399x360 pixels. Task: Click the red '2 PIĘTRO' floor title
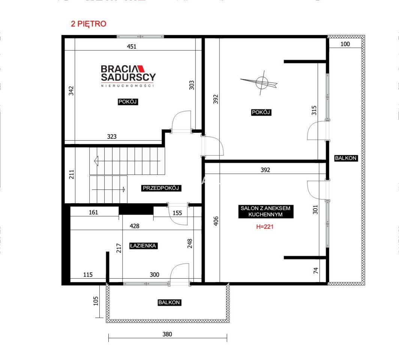tap(88, 24)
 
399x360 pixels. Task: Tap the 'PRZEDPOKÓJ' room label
tap(161, 188)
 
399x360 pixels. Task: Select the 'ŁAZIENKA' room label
tap(143, 246)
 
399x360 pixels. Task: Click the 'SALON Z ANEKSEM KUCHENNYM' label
tap(265, 211)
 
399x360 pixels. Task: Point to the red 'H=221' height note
tap(265, 226)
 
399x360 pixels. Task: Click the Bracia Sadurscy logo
tap(128, 76)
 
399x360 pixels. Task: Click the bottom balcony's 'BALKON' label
tap(169, 303)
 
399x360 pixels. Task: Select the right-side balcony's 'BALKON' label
tap(346, 158)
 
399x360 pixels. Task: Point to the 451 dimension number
tap(132, 46)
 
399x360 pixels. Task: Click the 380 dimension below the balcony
tap(167, 334)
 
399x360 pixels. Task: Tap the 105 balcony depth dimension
tap(96, 301)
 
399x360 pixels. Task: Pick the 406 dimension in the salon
tap(216, 221)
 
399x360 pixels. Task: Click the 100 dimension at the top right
tap(345, 44)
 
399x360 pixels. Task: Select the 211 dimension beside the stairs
tap(72, 174)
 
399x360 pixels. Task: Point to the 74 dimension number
tap(316, 270)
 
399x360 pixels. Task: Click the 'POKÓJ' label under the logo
tap(128, 102)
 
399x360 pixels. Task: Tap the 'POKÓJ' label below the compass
tap(261, 112)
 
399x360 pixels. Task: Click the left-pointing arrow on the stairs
tap(127, 161)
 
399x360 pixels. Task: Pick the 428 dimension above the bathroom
tap(134, 226)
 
